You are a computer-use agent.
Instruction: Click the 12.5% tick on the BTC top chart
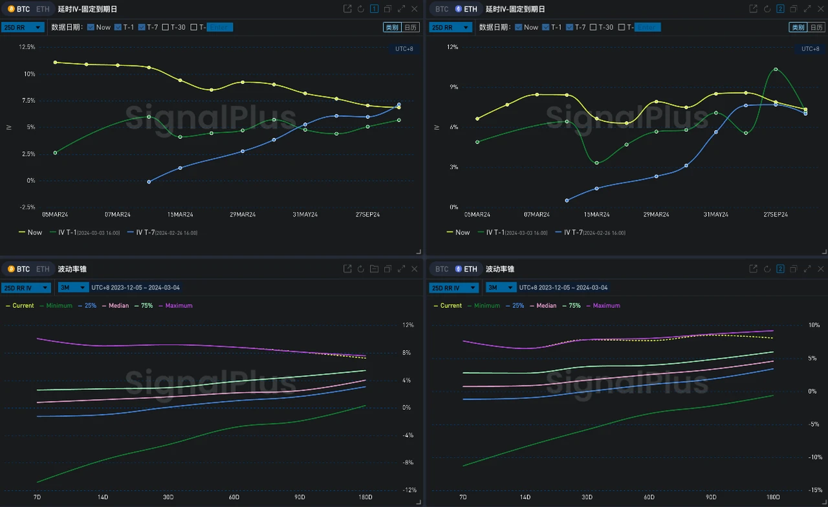(27, 47)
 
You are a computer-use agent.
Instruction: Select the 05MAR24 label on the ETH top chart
(477, 214)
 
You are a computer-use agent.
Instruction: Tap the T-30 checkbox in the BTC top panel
(166, 27)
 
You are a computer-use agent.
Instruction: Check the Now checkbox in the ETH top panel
(519, 27)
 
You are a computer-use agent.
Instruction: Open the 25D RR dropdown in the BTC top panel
(23, 27)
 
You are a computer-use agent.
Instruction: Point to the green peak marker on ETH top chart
(776, 69)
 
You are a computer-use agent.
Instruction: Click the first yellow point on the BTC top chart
(55, 62)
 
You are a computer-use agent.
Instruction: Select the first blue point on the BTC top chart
(149, 182)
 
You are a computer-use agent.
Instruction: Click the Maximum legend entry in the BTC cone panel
(179, 305)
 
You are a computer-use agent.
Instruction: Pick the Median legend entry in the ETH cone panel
(546, 305)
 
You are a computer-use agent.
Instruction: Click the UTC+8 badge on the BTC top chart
(404, 49)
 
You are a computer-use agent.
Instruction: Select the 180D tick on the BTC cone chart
(365, 497)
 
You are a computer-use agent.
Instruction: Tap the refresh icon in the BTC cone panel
(361, 269)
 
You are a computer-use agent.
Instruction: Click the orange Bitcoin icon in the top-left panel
(11, 9)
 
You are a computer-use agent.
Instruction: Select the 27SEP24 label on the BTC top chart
(367, 214)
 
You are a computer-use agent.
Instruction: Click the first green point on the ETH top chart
(477, 142)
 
